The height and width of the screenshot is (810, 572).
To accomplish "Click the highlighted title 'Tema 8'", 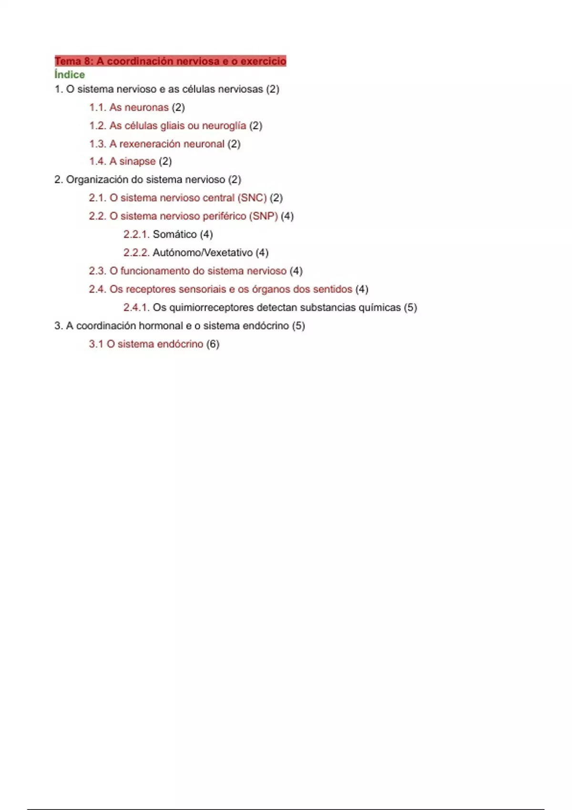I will pyautogui.click(x=170, y=61).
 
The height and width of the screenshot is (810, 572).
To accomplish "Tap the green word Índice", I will pyautogui.click(x=70, y=75).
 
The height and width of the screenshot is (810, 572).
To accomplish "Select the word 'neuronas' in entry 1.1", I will pyautogui.click(x=146, y=108).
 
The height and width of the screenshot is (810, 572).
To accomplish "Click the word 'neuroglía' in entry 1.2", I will pyautogui.click(x=224, y=126).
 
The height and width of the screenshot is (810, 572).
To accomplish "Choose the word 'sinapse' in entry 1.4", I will pyautogui.click(x=137, y=162).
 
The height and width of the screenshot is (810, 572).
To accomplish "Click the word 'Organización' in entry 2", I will pyautogui.click(x=97, y=180).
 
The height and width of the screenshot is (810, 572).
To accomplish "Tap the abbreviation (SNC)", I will pyautogui.click(x=252, y=198).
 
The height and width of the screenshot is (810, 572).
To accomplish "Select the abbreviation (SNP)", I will pyautogui.click(x=263, y=216).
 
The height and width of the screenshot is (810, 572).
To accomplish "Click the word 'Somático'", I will pyautogui.click(x=174, y=234).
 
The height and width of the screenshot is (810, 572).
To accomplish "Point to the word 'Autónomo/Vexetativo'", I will pyautogui.click(x=202, y=253).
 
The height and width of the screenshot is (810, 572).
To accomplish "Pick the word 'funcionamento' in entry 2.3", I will pyautogui.click(x=155, y=271).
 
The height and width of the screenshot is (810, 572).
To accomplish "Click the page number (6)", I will pyautogui.click(x=213, y=344).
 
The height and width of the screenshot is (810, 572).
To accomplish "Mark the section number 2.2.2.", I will pyautogui.click(x=136, y=253).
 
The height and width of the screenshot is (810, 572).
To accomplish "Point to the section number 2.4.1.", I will pyautogui.click(x=136, y=308).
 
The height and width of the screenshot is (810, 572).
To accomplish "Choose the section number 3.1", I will pyautogui.click(x=96, y=344).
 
